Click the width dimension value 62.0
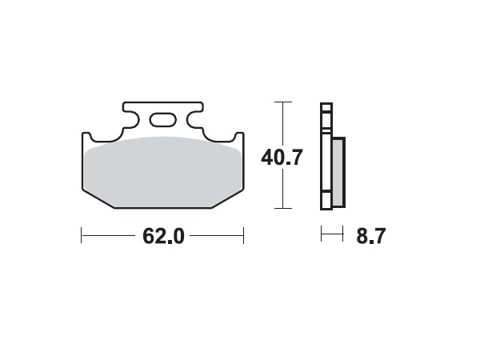point(163,236)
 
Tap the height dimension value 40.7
point(282,157)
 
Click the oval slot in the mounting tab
point(163,120)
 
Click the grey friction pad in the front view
point(163,172)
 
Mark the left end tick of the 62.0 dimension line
point(82,236)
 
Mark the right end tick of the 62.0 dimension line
point(243,236)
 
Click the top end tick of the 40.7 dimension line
point(282,102)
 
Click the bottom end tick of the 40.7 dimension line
point(282,208)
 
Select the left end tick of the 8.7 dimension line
point(321,234)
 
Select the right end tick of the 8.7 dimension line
point(343,234)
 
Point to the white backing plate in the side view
point(325,160)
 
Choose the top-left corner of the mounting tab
point(124,103)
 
